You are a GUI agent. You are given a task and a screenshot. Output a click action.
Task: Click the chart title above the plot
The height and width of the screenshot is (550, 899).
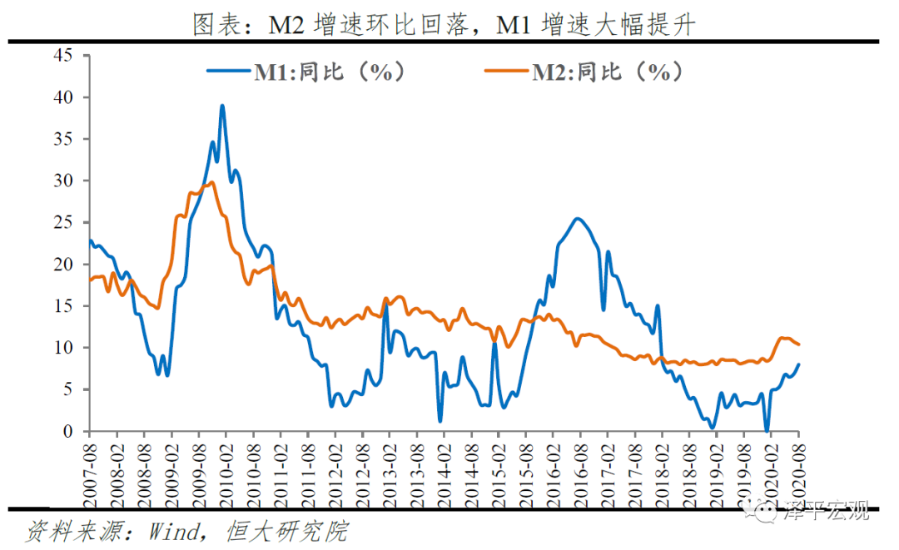[444, 24]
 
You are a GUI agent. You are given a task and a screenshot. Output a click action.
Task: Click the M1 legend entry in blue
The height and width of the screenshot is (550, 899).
[308, 72]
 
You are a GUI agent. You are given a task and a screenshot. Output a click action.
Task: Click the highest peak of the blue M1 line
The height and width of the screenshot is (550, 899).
[222, 106]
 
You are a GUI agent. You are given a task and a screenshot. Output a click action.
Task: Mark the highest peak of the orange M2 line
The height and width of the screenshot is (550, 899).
[212, 182]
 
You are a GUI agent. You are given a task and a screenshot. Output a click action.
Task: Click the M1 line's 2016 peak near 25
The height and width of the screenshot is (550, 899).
[578, 219]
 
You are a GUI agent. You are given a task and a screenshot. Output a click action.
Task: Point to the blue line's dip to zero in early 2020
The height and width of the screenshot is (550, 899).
[767, 430]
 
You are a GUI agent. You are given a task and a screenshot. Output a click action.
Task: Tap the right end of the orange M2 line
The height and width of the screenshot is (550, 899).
[799, 344]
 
